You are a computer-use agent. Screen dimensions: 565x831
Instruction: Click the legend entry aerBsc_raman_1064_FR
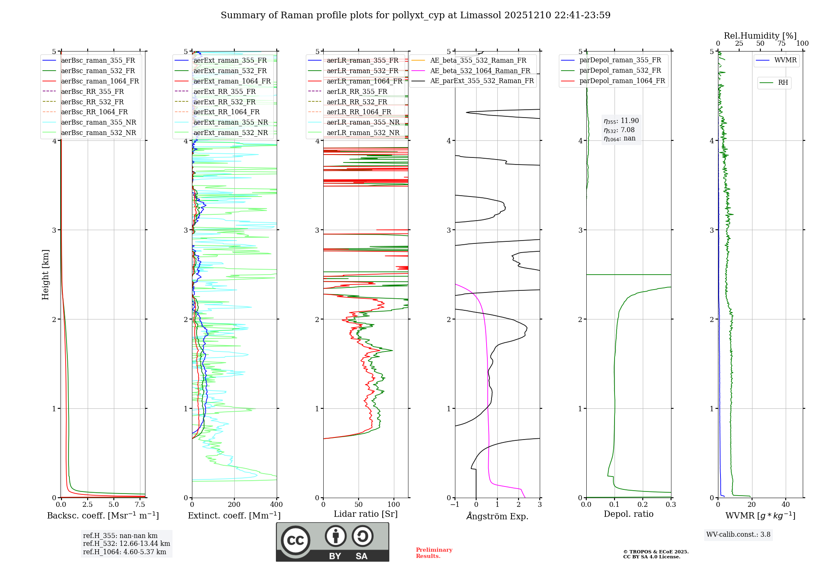[x=100, y=81]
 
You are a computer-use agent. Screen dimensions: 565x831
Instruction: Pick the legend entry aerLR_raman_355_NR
[x=363, y=122]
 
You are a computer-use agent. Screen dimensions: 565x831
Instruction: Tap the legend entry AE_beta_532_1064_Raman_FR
[x=480, y=71]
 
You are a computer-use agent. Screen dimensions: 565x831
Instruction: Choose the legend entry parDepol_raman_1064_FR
[x=622, y=81]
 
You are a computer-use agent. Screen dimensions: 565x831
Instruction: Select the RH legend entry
[x=783, y=83]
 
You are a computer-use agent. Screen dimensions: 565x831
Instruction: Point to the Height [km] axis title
[x=45, y=275]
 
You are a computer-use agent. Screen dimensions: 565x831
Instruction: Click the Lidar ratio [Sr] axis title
[x=365, y=514]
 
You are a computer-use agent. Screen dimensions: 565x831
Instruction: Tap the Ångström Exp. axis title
[x=497, y=516]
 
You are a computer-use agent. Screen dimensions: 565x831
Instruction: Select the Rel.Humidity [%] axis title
[x=760, y=36]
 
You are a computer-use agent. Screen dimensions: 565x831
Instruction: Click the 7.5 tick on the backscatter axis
[x=140, y=505]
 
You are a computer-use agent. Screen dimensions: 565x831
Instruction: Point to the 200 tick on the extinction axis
[x=234, y=505]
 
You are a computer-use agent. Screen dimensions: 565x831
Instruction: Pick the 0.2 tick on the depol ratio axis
[x=643, y=505]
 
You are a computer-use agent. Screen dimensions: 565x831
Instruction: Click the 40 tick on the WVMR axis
[x=786, y=505]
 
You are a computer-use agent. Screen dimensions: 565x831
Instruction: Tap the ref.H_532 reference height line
[x=126, y=543]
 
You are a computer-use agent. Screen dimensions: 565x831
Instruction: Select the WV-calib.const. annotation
[x=738, y=535]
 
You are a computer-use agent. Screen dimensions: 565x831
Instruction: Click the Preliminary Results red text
[x=434, y=553]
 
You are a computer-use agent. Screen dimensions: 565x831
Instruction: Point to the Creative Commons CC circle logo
[x=295, y=540]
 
